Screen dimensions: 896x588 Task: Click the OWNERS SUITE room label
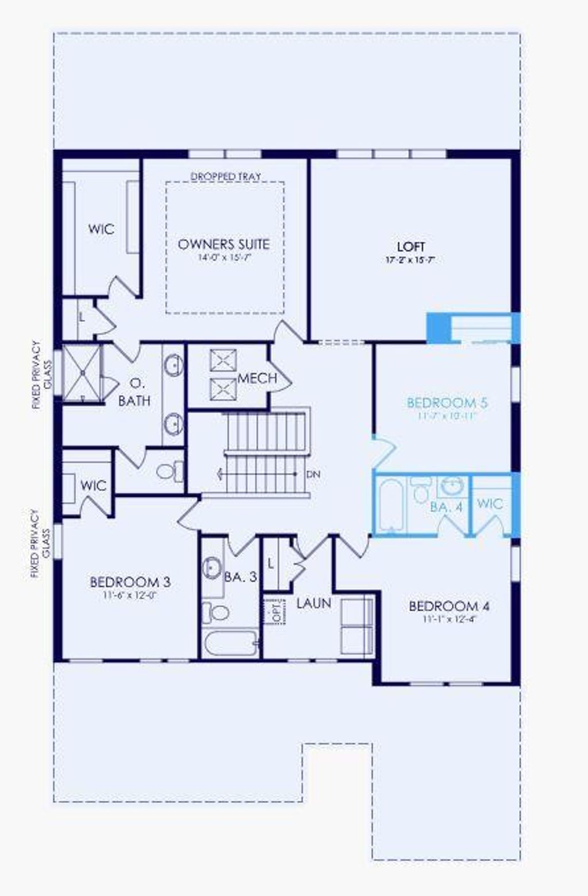pos(223,244)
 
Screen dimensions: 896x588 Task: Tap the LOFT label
pos(411,247)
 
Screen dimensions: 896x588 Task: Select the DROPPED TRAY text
pos(226,176)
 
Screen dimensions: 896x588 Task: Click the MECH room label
pos(257,379)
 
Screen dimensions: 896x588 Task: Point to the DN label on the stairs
pos(313,474)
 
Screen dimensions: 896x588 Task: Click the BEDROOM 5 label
pos(447,403)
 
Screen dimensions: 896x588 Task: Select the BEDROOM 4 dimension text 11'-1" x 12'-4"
pos(449,619)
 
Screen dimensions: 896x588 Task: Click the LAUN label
pos(314,603)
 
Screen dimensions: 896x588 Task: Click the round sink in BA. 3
pos(212,567)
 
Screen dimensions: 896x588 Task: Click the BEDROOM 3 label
pos(130,582)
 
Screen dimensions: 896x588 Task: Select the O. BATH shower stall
pos(82,373)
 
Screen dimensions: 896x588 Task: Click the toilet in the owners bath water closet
pos(168,472)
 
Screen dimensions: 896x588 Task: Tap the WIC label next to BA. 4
pos(490,504)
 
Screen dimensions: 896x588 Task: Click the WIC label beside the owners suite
pos(101,229)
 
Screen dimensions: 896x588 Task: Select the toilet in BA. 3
pos(215,612)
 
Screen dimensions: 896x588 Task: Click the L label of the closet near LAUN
pos(271,564)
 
